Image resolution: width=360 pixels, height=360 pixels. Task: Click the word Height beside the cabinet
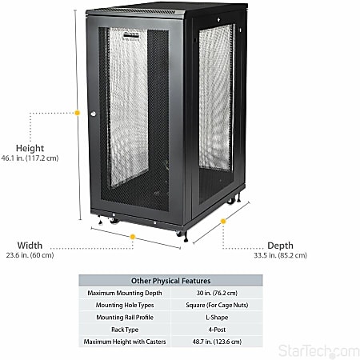pyautogui.click(x=30, y=148)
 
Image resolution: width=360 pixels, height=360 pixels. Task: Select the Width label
pyautogui.click(x=30, y=246)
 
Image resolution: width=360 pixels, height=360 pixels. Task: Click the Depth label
pyautogui.click(x=280, y=246)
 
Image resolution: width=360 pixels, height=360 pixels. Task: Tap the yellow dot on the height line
pyautogui.click(x=78, y=113)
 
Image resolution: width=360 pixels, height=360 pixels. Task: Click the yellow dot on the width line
pyautogui.click(x=133, y=236)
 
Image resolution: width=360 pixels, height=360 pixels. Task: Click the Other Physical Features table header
pyautogui.click(x=170, y=281)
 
